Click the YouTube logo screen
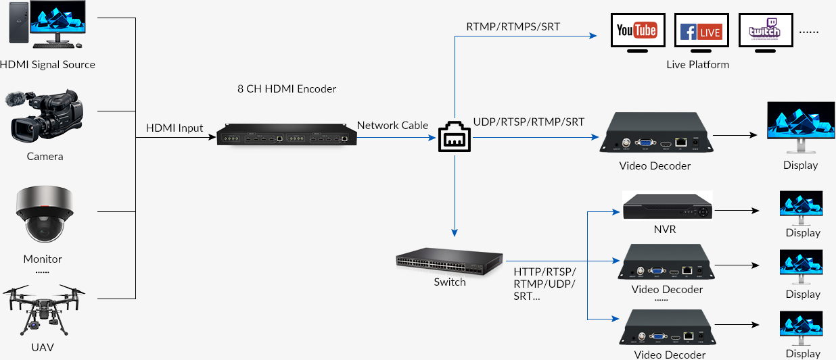click(637, 31)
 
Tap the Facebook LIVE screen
click(701, 31)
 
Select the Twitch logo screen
click(764, 31)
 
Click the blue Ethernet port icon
click(455, 137)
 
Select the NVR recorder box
click(668, 206)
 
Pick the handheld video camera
click(46, 118)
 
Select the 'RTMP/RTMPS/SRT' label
click(513, 27)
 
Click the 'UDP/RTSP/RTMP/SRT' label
click(529, 122)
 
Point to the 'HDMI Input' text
click(175, 128)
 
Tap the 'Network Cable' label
click(392, 125)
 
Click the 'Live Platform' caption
click(698, 65)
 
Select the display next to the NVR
click(802, 205)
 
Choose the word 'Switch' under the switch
click(450, 282)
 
